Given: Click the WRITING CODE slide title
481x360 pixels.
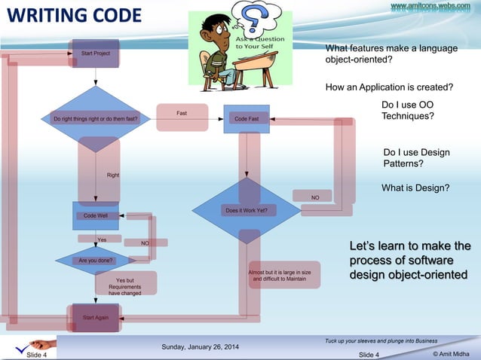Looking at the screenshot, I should click(x=74, y=16).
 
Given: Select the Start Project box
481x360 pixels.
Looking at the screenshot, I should click(x=96, y=53).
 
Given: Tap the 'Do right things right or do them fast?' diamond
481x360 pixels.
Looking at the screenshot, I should click(x=96, y=119).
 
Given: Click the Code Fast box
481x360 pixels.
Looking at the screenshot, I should click(x=247, y=119).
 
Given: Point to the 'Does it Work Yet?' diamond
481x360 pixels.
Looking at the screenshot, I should click(x=247, y=210).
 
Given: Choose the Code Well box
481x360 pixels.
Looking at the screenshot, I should click(x=96, y=215).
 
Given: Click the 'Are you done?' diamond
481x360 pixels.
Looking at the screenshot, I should click(x=96, y=261).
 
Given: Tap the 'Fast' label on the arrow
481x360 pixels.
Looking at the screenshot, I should click(x=182, y=114).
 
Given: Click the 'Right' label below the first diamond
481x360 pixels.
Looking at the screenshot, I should click(x=113, y=175).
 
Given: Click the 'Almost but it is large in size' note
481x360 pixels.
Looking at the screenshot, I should click(x=279, y=275).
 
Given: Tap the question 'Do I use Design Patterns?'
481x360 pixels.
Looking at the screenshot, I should click(x=416, y=157).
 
